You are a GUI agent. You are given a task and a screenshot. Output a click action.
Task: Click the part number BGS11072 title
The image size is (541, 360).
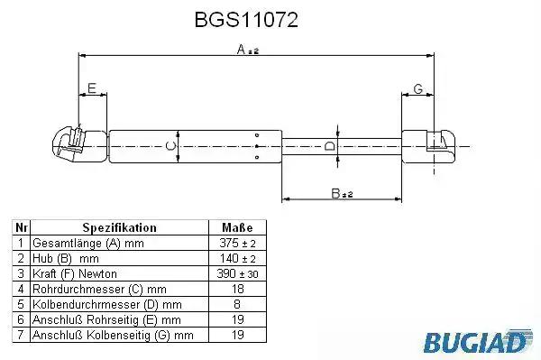tap(246, 20)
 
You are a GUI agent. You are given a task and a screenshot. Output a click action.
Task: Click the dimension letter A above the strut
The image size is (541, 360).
tap(241, 50)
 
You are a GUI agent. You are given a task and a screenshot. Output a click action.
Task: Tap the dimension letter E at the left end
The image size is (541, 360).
tap(92, 88)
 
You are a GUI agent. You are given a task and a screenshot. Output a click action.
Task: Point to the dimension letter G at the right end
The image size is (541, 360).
tap(417, 88)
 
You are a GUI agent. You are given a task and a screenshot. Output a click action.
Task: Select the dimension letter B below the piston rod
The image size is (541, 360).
tap(335, 193)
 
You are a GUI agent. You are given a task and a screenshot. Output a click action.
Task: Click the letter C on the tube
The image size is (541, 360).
tap(170, 146)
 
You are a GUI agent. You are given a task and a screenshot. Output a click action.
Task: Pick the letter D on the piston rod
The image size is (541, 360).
tap(330, 146)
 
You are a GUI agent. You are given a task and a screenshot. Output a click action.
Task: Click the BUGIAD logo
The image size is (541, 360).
tap(478, 341)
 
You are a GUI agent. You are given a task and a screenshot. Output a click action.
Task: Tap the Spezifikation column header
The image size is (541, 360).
tap(119, 227)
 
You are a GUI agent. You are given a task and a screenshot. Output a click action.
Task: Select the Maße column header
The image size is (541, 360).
tap(237, 227)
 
